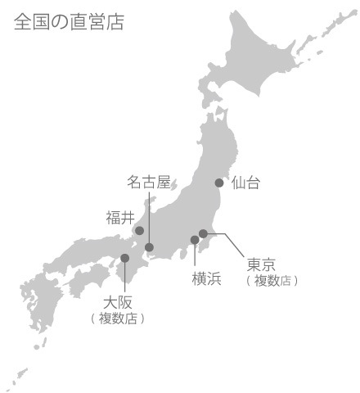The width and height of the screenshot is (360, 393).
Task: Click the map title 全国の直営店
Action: tap(69, 22)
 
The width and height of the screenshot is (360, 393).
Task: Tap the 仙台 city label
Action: tap(245, 183)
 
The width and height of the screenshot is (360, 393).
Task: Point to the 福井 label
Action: tap(119, 218)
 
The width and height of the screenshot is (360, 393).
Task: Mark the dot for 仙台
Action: tap(219, 183)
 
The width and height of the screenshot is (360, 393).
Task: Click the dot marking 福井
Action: tap(139, 231)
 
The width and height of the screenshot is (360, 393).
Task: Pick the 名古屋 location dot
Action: tap(149, 247)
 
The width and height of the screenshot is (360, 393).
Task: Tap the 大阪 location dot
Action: tap(125, 258)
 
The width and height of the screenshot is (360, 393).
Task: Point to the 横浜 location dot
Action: tap(195, 240)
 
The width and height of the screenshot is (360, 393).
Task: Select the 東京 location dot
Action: tap(203, 233)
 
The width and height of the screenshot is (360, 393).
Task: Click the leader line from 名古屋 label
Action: tap(149, 217)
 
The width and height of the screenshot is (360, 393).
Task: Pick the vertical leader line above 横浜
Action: tap(195, 255)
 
